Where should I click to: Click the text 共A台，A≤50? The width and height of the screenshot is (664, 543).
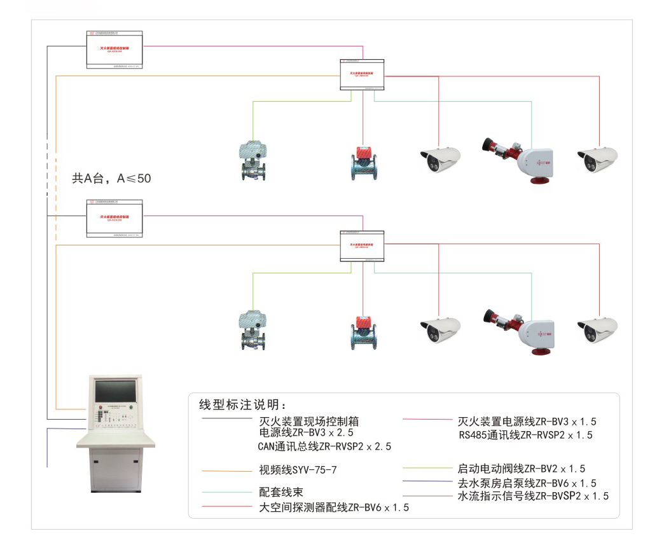point(111,179)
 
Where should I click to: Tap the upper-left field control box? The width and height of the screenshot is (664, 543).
point(114,50)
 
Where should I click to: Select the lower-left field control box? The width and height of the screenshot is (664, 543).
point(114,219)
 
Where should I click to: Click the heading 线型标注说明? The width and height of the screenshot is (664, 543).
point(244,405)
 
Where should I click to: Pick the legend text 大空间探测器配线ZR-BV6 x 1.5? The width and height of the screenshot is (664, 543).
point(334,507)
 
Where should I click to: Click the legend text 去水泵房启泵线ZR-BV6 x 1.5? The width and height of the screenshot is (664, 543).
point(527,483)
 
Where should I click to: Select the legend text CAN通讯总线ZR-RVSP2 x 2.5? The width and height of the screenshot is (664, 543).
point(324,446)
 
